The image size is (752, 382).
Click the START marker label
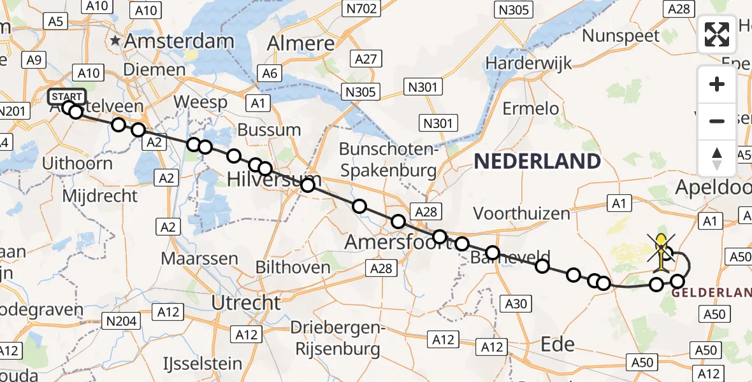pos(67,97)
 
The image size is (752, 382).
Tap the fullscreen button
pos(717,34)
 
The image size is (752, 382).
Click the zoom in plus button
pos(717,84)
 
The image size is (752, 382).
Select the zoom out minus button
pos(717,120)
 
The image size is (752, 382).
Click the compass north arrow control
pos(717,158)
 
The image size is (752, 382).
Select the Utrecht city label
pos(245,302)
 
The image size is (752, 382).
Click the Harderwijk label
pos(528,63)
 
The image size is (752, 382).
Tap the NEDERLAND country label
pos(537,161)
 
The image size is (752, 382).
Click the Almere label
pos(301,43)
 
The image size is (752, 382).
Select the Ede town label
pos(557,344)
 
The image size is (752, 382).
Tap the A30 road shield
pos(516,304)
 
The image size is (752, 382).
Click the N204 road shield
pos(123,321)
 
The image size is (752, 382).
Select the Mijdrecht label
pos(101,195)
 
